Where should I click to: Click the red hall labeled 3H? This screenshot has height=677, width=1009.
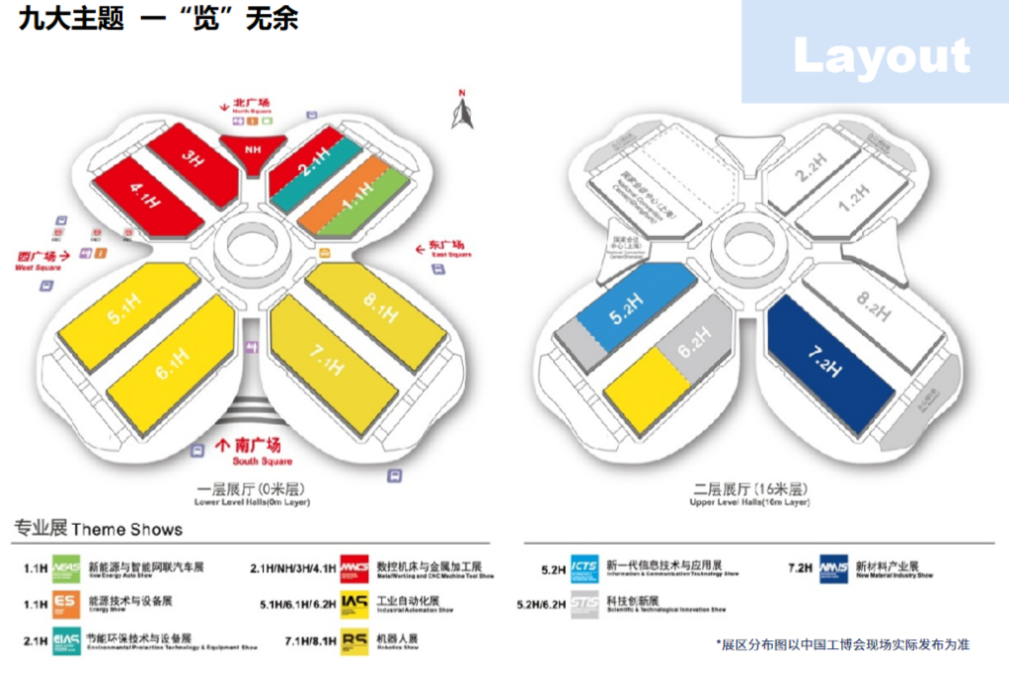tap(194, 159)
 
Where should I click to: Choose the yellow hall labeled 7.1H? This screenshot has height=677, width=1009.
tap(326, 359)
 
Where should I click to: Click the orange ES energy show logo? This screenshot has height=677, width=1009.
tap(66, 602)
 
